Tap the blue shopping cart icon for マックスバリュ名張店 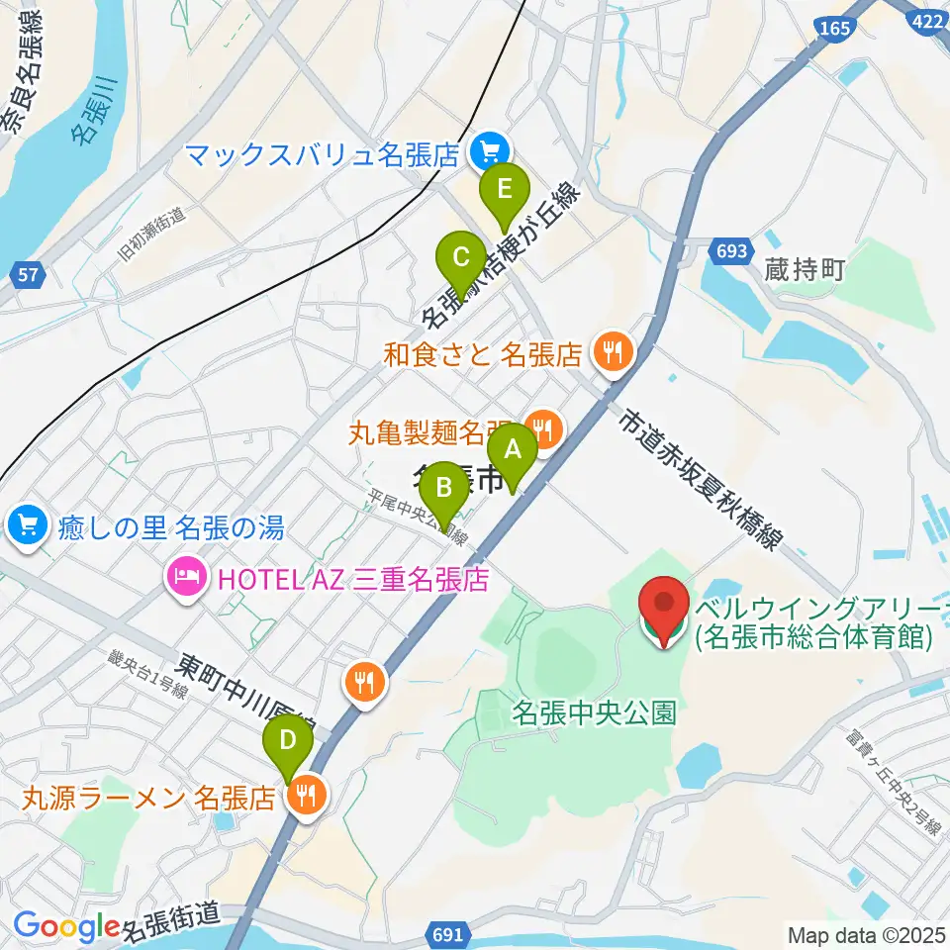tap(488, 153)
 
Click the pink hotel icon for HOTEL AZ tap(188, 575)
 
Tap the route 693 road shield tap(730, 251)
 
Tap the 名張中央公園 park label tap(594, 712)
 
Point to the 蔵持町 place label tap(804, 270)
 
